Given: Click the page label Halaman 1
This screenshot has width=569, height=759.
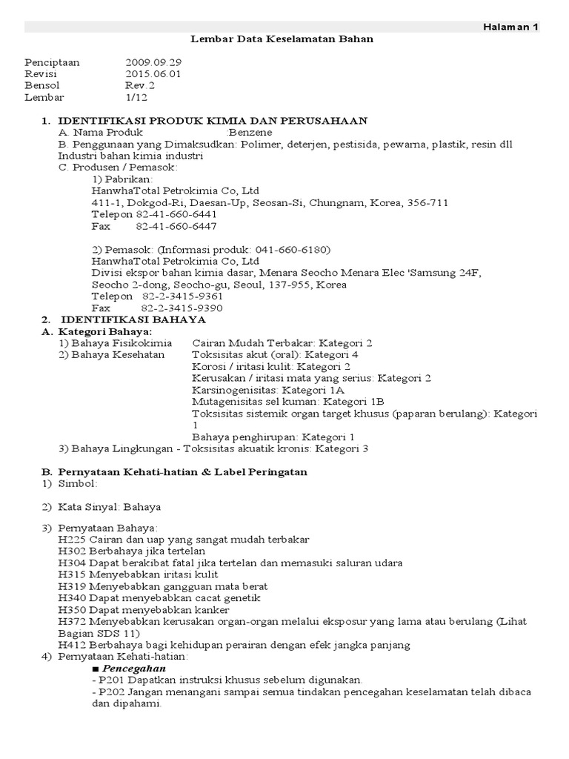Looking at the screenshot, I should pyautogui.click(x=511, y=27).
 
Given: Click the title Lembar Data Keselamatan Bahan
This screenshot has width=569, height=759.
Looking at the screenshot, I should pyautogui.click(x=282, y=39).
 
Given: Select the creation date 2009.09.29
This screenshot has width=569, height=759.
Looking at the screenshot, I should pyautogui.click(x=153, y=62).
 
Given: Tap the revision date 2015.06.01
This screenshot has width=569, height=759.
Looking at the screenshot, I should pyautogui.click(x=153, y=74).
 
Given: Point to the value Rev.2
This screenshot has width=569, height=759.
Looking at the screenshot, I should pyautogui.click(x=140, y=85).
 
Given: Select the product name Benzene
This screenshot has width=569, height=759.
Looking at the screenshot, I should pyautogui.click(x=252, y=132).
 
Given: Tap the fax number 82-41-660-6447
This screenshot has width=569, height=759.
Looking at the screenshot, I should pyautogui.click(x=176, y=226).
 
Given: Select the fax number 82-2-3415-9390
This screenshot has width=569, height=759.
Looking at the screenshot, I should pyautogui.click(x=182, y=308).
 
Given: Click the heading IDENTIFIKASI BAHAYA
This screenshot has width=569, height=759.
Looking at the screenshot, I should pyautogui.click(x=133, y=319).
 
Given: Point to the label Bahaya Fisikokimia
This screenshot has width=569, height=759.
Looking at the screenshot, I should pyautogui.click(x=120, y=343).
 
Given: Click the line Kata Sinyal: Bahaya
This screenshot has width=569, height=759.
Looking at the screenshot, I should pyautogui.click(x=110, y=507).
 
